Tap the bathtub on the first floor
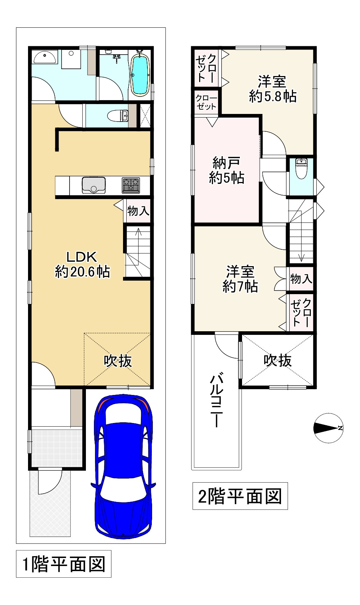(x=139, y=74)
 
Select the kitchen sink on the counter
(x=94, y=185)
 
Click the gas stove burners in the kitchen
(x=131, y=185)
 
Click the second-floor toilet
(x=301, y=169)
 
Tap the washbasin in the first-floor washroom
(x=45, y=57)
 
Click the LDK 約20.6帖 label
(x=82, y=264)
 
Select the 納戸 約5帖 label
(x=226, y=170)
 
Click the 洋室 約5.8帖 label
(x=272, y=88)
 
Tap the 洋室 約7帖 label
(x=240, y=279)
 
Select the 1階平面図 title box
(x=64, y=564)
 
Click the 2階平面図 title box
(x=240, y=496)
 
